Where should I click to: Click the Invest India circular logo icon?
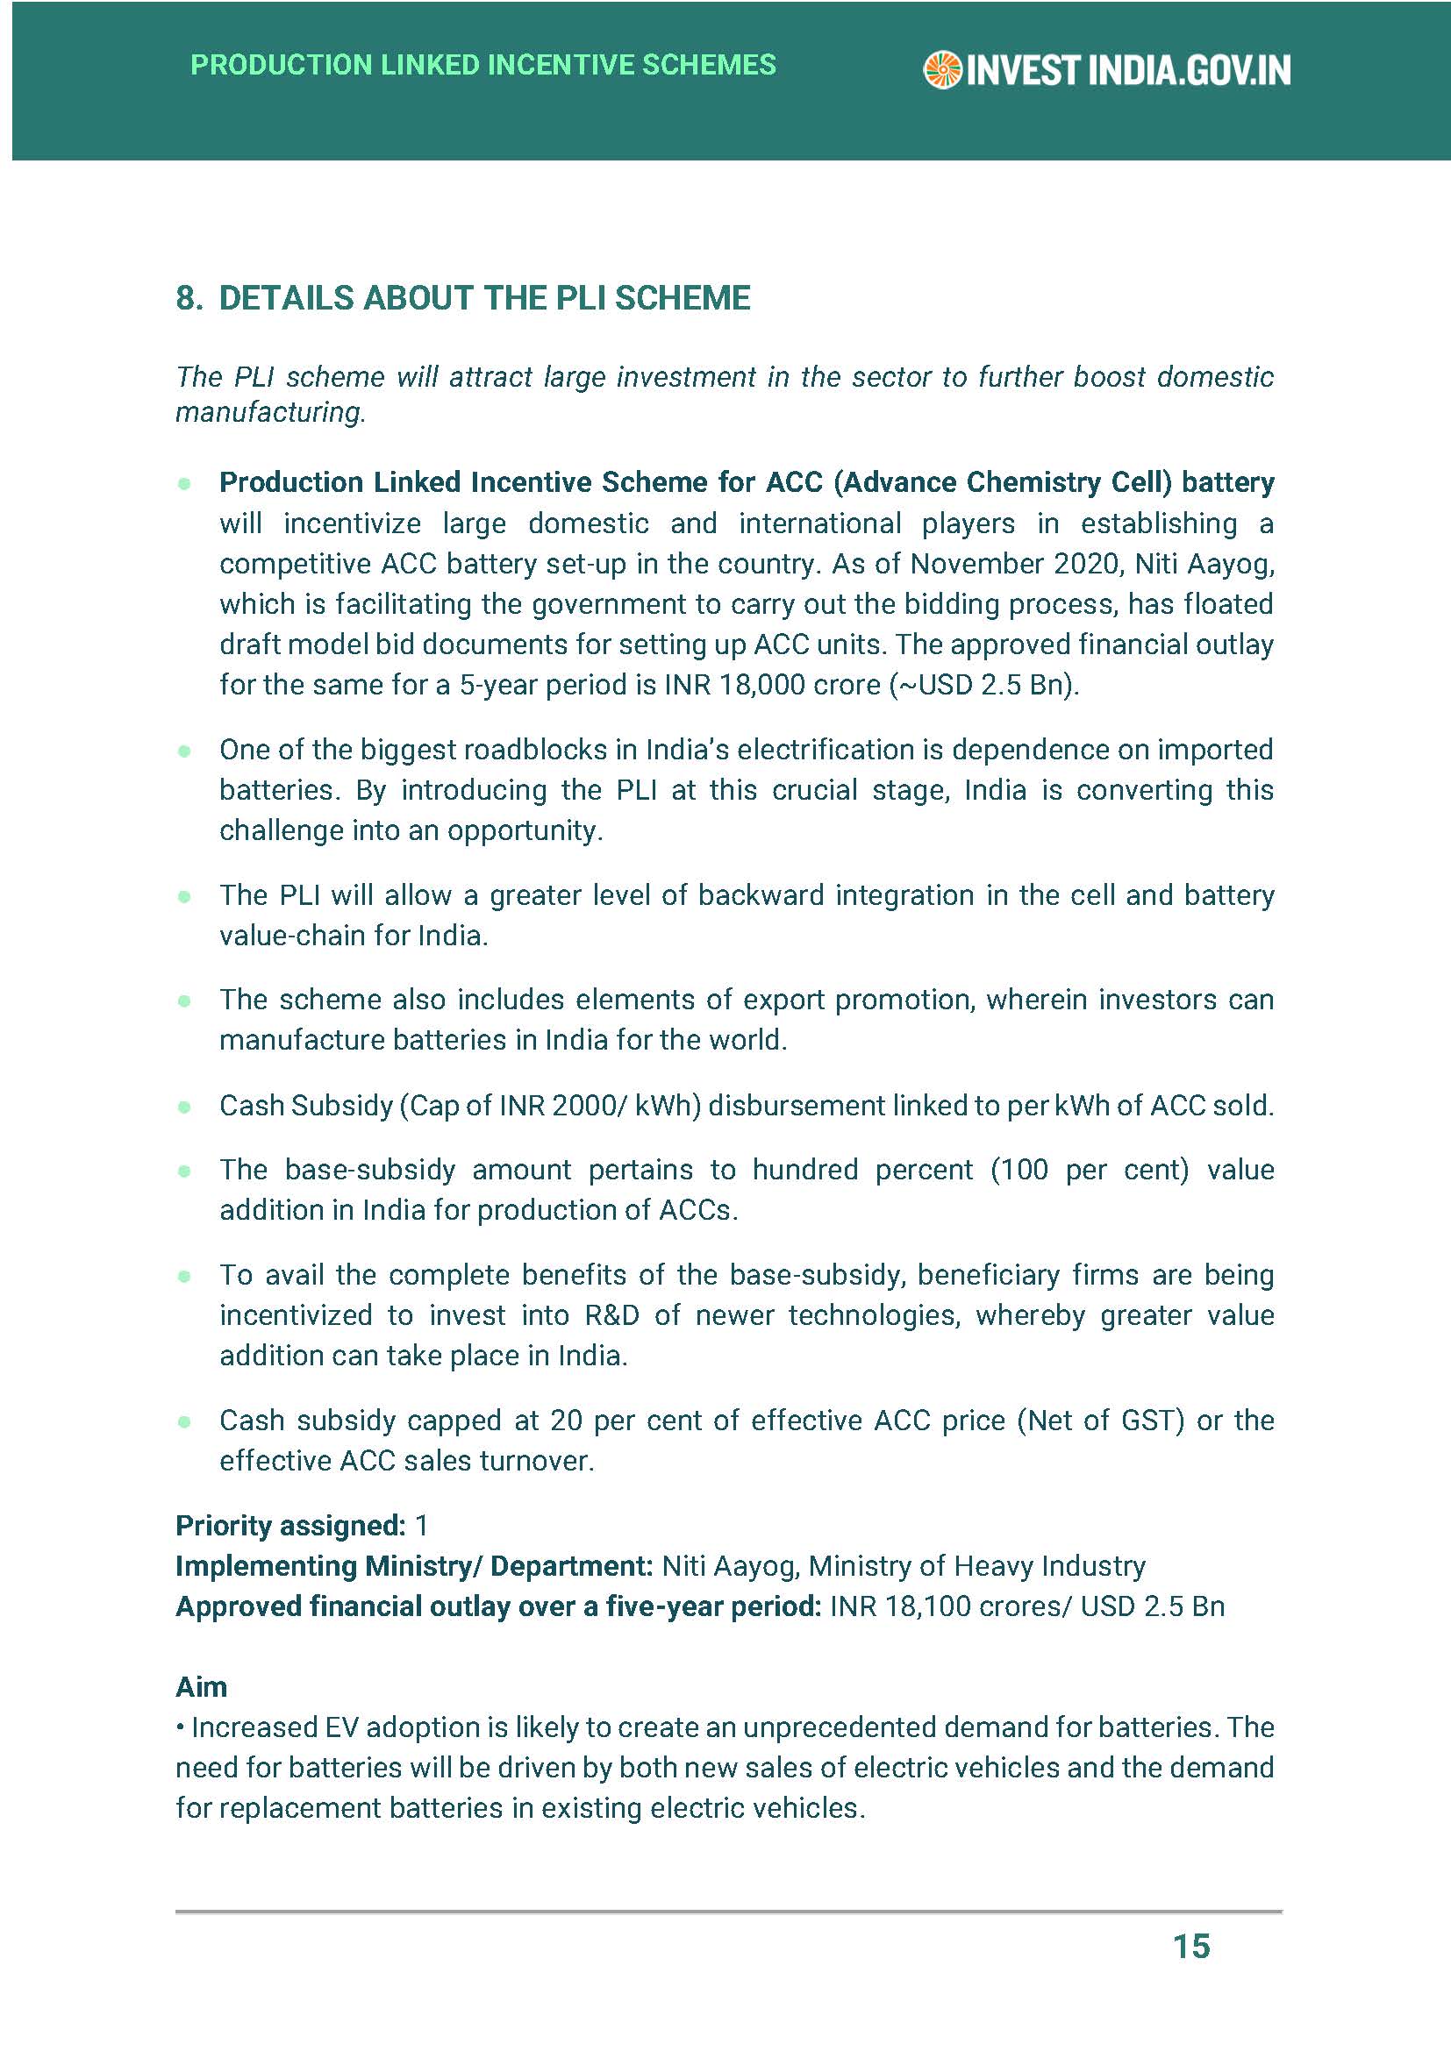941,70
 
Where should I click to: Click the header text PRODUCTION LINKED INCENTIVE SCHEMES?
483,65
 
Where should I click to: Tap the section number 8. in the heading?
189,298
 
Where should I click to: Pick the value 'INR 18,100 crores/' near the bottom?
951,1606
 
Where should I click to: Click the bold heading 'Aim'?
201,1686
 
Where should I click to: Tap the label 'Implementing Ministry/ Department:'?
415,1566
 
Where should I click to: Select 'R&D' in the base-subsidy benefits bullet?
614,1315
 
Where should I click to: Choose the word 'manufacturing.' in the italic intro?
270,412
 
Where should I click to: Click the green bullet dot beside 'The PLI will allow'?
185,896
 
